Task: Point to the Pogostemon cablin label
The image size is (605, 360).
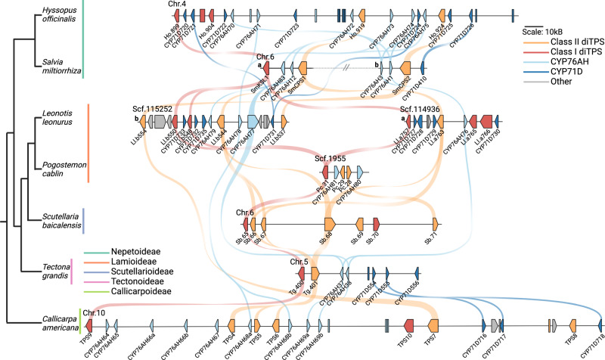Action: (61, 166)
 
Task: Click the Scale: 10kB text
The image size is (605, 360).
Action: (554, 30)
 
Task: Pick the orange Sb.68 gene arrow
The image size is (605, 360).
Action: (329, 224)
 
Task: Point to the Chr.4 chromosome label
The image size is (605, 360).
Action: (180, 5)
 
